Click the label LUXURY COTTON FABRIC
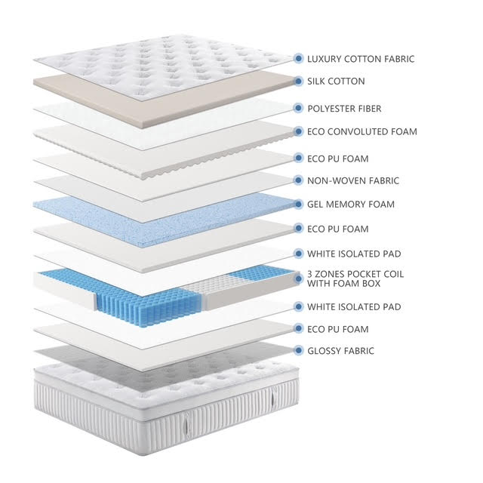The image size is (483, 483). click(x=361, y=59)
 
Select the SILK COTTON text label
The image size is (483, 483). click(x=336, y=82)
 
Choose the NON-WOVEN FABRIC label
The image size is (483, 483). click(x=353, y=180)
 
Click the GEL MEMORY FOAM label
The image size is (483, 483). click(x=351, y=205)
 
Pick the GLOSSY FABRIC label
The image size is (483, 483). click(x=340, y=350)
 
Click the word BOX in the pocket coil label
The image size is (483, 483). click(x=371, y=284)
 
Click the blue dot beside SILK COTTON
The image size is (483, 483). click(x=298, y=82)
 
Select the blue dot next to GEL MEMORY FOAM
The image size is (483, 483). click(x=298, y=205)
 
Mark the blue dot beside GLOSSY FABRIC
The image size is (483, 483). click(x=298, y=350)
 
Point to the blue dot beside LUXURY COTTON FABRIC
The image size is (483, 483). click(x=298, y=58)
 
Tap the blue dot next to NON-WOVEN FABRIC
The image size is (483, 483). click(x=298, y=180)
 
